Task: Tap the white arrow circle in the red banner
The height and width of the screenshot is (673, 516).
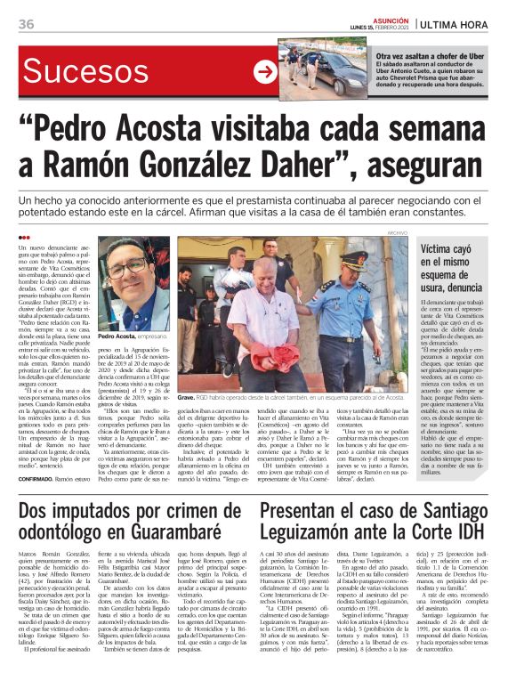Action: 263,72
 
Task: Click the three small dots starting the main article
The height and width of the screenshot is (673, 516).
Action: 24,237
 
